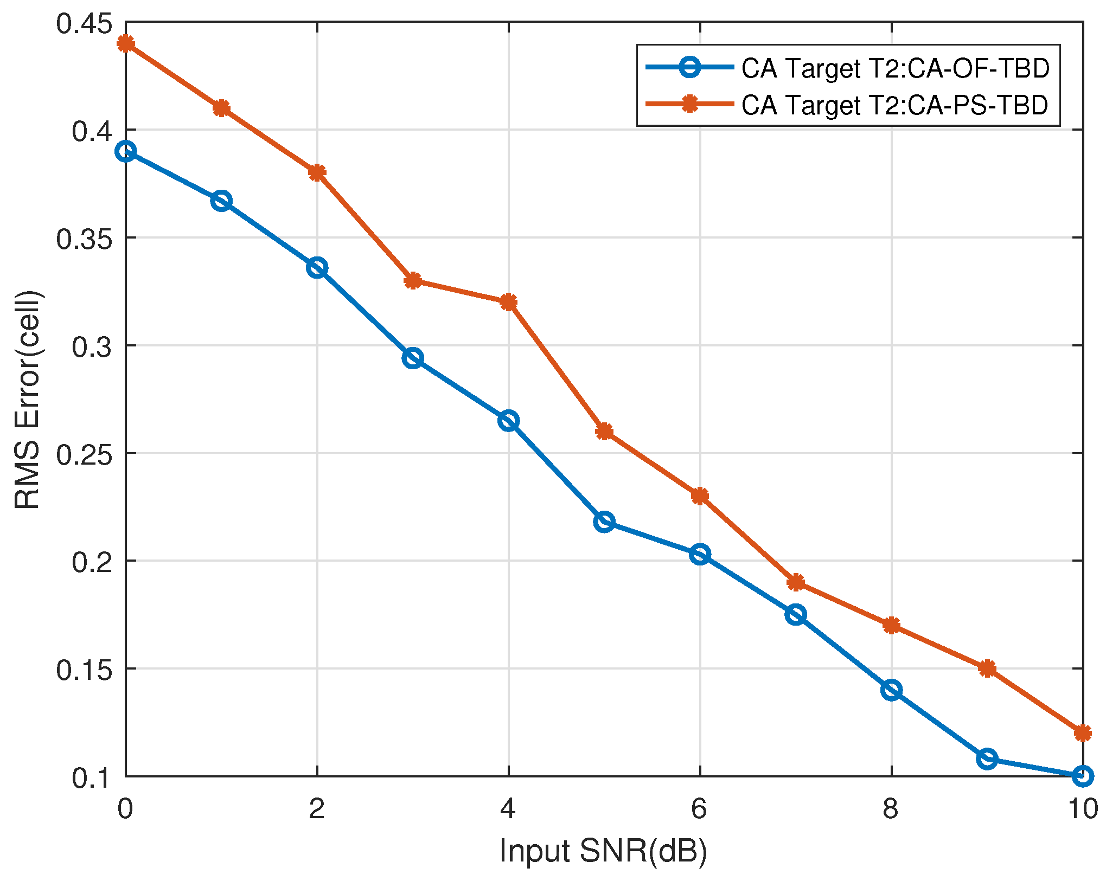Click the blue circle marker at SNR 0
pos(126,152)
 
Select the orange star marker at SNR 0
pos(126,43)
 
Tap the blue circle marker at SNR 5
pos(604,522)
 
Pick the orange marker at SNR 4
pos(508,302)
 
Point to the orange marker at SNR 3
pos(413,281)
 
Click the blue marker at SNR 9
pos(987,758)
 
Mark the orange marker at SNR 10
pos(1083,733)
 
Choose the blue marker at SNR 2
pos(317,268)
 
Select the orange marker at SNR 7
pos(796,582)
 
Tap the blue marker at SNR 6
pos(700,554)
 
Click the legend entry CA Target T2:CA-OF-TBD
pos(895,68)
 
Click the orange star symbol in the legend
pos(690,104)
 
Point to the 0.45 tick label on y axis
pos(84,24)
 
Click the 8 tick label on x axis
pos(891,809)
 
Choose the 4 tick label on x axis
pos(508,809)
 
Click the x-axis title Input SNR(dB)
pos(603,850)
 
